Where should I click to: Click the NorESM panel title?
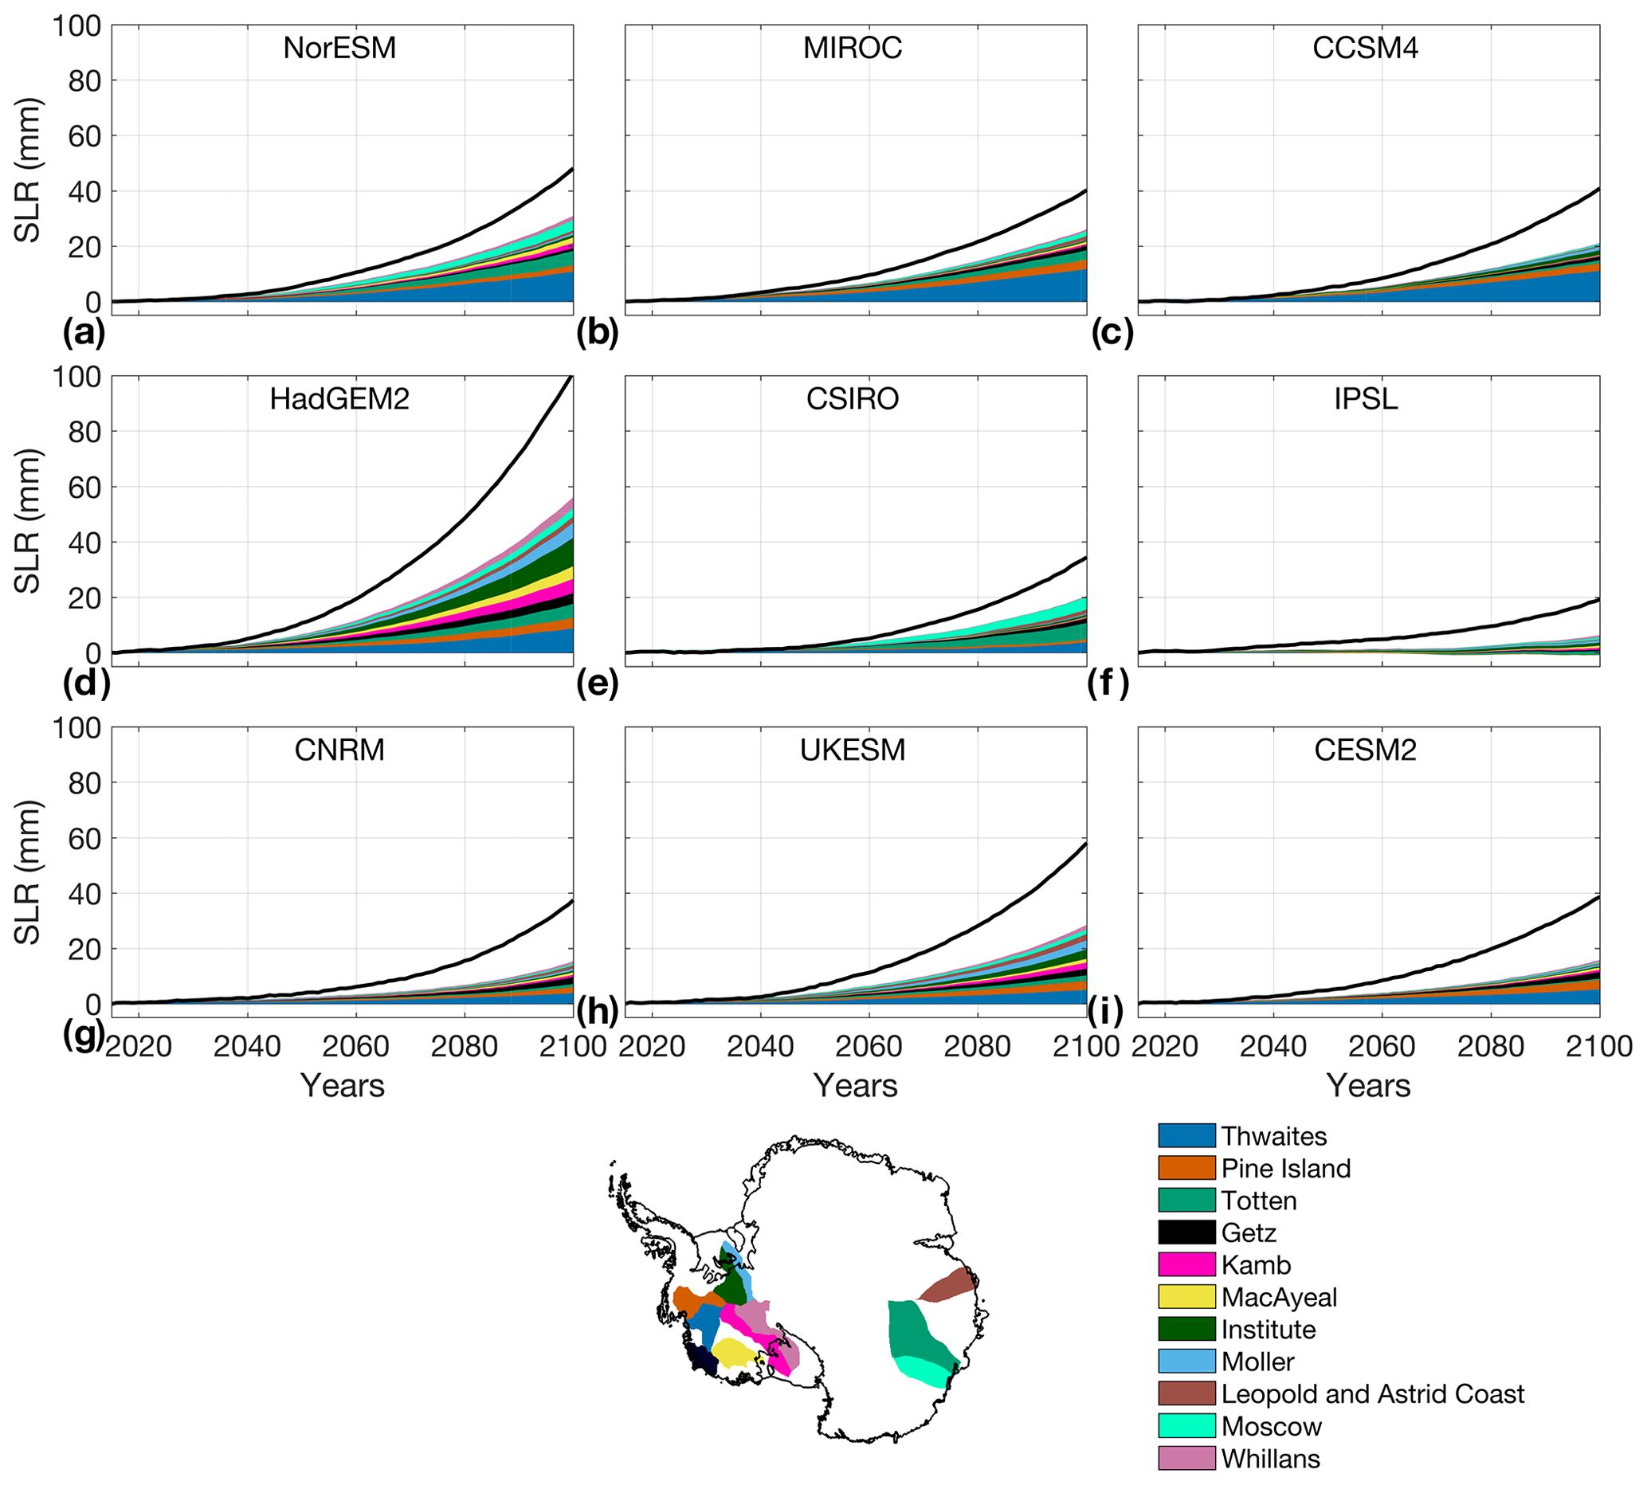[339, 48]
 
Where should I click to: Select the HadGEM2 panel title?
[339, 399]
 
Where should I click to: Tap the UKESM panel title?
[852, 750]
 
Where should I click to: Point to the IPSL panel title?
[1366, 399]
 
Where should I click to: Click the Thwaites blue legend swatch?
[1186, 1136]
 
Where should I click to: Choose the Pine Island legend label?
[1285, 1169]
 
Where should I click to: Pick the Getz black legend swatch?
[1186, 1232]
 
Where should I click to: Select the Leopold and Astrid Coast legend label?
[1372, 1393]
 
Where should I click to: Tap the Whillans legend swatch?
[1186, 1458]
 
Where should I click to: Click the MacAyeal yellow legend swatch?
[1186, 1297]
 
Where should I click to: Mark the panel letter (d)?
[86, 684]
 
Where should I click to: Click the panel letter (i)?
[1105, 1012]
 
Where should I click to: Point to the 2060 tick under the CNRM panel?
[356, 1046]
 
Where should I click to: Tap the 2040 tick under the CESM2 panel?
[1273, 1046]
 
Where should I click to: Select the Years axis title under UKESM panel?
[855, 1086]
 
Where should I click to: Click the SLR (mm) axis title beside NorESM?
[28, 170]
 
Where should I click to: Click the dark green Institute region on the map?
[731, 1283]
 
